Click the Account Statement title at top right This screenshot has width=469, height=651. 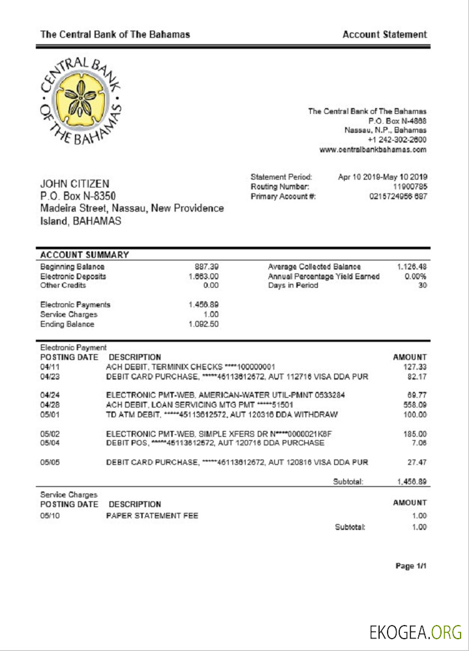[x=384, y=35]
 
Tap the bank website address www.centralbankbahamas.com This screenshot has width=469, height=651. [x=373, y=150]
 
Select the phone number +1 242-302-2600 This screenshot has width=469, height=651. [x=397, y=140]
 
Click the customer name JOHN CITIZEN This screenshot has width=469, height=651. [x=75, y=184]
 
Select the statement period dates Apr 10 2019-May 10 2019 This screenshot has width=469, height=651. [x=382, y=177]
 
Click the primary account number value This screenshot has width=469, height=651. [x=398, y=197]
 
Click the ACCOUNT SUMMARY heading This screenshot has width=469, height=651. [x=85, y=255]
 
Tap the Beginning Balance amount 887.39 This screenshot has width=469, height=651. [x=206, y=267]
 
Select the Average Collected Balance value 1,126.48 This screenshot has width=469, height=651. [x=412, y=267]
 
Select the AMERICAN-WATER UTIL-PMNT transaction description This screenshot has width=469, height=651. [x=225, y=395]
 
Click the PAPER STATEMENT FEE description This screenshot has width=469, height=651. [x=152, y=516]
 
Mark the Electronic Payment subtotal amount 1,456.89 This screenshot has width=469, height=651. [x=412, y=482]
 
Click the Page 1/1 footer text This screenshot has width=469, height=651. [x=411, y=566]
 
